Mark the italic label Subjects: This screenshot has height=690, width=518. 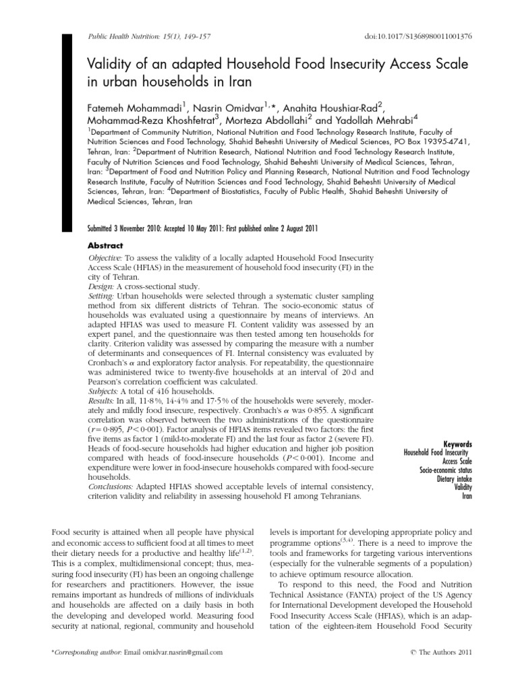point(104,391)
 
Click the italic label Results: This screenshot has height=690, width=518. point(103,400)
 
